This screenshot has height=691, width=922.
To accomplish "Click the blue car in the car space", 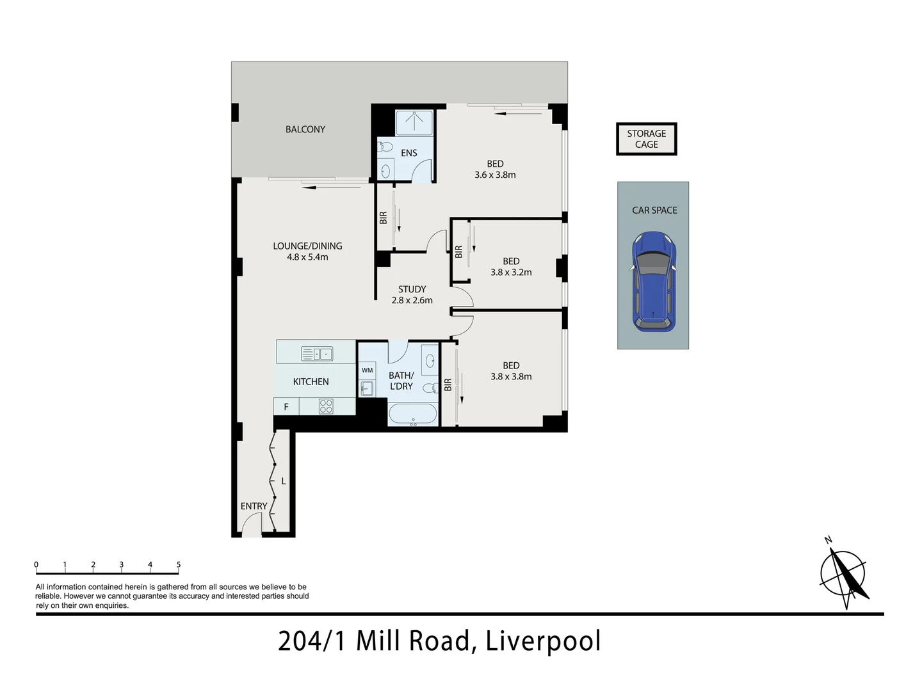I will click(x=653, y=283).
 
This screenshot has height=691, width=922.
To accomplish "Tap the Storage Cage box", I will click(x=646, y=139).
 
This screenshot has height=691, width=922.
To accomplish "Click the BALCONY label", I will click(x=305, y=129).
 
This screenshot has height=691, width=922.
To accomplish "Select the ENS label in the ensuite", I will click(x=408, y=153).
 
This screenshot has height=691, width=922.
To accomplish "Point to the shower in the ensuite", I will click(x=414, y=122).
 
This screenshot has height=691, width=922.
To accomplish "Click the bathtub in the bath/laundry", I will click(x=413, y=414).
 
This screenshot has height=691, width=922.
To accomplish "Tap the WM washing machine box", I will click(x=367, y=370).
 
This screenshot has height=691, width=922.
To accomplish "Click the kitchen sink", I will click(x=317, y=353).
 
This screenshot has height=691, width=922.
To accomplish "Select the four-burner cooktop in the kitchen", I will click(x=325, y=406).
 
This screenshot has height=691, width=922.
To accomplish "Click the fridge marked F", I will click(x=286, y=407).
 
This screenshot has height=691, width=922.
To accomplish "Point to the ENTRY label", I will click(x=254, y=506).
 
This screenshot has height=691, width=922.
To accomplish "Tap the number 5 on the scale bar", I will click(x=179, y=565).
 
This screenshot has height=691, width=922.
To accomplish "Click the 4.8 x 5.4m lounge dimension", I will click(x=307, y=257).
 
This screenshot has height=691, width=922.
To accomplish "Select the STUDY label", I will click(x=412, y=289).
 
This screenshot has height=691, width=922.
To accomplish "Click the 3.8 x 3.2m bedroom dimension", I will click(x=511, y=272).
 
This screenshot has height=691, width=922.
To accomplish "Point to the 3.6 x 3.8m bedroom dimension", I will click(x=495, y=175).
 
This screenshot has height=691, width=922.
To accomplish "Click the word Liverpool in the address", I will click(x=543, y=641).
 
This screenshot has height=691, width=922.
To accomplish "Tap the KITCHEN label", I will click(x=311, y=381).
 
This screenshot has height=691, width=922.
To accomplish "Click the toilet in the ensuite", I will click(x=385, y=148).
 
